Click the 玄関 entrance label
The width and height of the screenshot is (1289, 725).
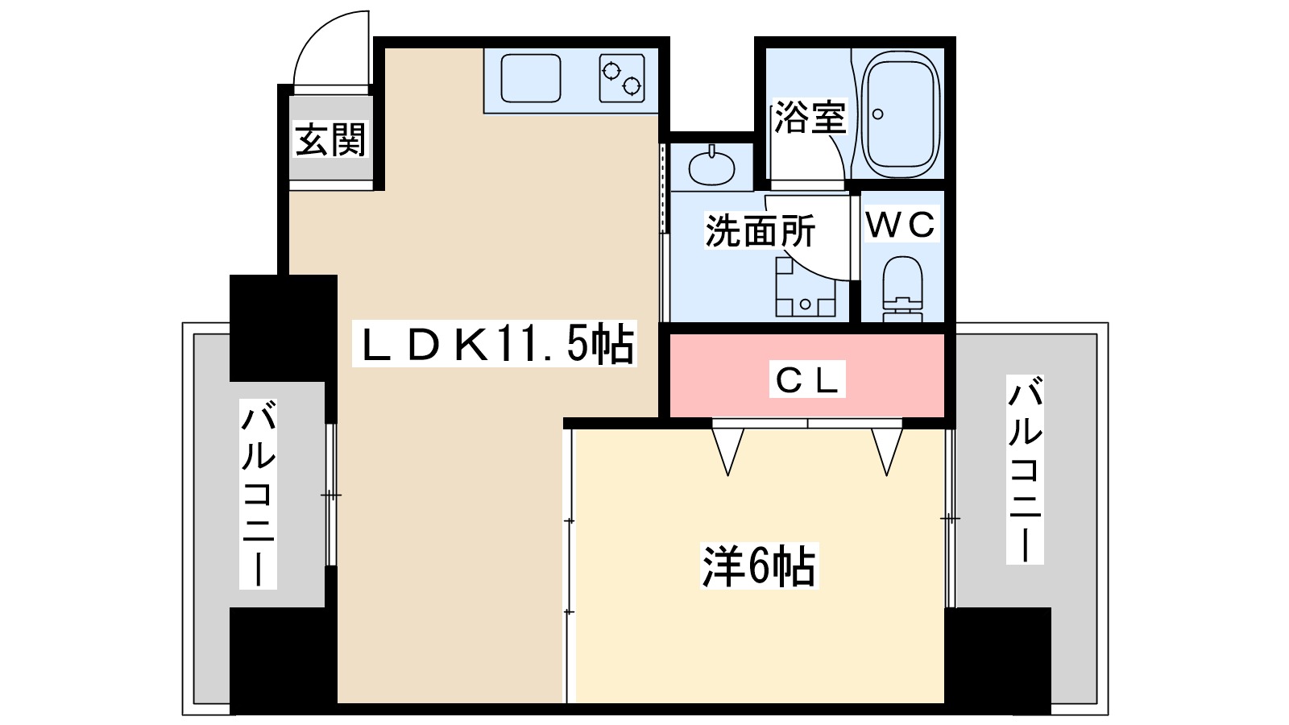click(330, 140)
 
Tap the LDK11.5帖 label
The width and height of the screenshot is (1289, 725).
click(495, 344)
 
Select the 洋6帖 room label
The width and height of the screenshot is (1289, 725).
click(759, 566)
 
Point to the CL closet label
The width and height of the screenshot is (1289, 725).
click(807, 379)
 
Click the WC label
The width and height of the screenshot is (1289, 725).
click(901, 225)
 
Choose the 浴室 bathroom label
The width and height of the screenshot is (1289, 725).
click(810, 118)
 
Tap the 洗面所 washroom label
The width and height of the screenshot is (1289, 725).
click(760, 231)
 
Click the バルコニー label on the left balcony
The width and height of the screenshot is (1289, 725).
click(258, 494)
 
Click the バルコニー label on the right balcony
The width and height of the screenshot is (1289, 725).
click(1025, 470)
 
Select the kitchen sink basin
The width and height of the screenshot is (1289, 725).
click(531, 78)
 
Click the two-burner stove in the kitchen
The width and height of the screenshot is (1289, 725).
click(622, 78)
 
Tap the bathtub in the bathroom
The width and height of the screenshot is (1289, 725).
click(900, 114)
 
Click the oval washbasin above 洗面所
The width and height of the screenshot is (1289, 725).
click(712, 167)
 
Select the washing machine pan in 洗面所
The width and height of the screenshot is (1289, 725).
click(805, 288)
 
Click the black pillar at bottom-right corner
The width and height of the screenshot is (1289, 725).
click(997, 659)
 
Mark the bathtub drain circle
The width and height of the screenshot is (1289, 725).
click(878, 114)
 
